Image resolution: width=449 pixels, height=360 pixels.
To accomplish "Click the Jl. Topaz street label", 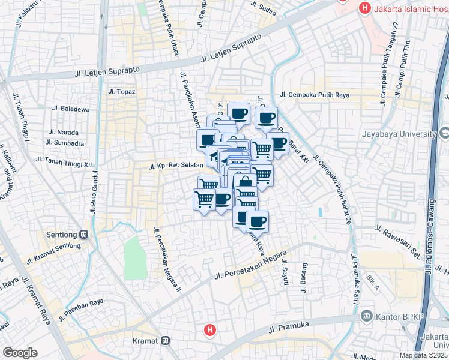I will pos(122,92).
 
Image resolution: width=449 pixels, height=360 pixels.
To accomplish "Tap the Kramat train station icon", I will pos(165,341).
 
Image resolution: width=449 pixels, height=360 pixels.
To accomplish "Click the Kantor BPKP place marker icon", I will pos(364,316).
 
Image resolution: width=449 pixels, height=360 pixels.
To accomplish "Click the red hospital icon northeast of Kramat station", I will pos(209,329).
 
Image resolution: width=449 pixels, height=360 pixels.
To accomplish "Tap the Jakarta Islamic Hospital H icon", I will pos(364,8).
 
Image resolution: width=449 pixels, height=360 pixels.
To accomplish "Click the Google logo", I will pos(20,352).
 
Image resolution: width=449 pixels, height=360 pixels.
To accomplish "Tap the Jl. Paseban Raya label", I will pos(82,303).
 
